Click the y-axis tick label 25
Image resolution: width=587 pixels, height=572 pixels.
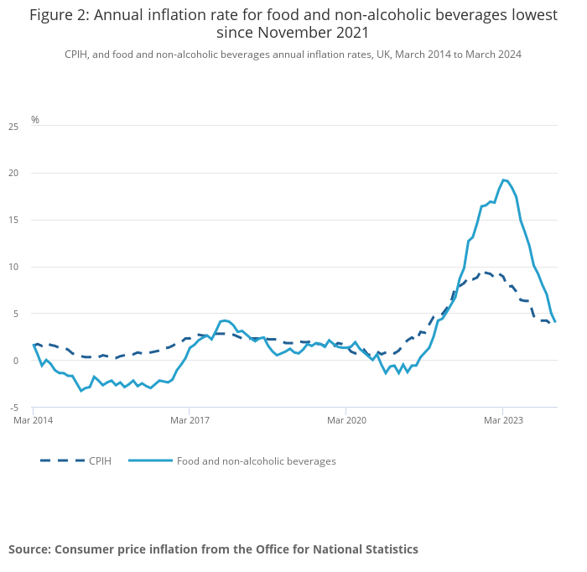[x=13, y=127]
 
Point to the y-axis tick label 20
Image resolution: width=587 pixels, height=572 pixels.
[x=13, y=174]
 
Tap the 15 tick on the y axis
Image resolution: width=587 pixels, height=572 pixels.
[x=13, y=221]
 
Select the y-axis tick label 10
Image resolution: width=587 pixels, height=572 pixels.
[x=13, y=268]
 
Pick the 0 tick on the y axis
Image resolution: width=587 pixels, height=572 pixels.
[x=15, y=361]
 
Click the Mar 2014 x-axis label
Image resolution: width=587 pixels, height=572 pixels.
[x=34, y=419]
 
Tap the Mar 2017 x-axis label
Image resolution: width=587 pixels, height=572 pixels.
[x=190, y=419]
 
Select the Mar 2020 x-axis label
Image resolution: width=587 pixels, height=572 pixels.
[x=346, y=419]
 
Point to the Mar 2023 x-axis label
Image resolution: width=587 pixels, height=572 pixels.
[x=502, y=419]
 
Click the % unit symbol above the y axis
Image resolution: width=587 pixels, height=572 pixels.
[x=35, y=120]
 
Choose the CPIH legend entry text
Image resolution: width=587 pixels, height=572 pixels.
[x=100, y=461]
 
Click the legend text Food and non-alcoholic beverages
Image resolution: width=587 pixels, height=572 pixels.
[x=256, y=461]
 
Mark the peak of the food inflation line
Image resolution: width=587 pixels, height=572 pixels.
[x=503, y=179]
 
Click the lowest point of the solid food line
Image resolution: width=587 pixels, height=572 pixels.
[x=81, y=391]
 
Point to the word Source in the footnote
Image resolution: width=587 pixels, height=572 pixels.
[x=29, y=549]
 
